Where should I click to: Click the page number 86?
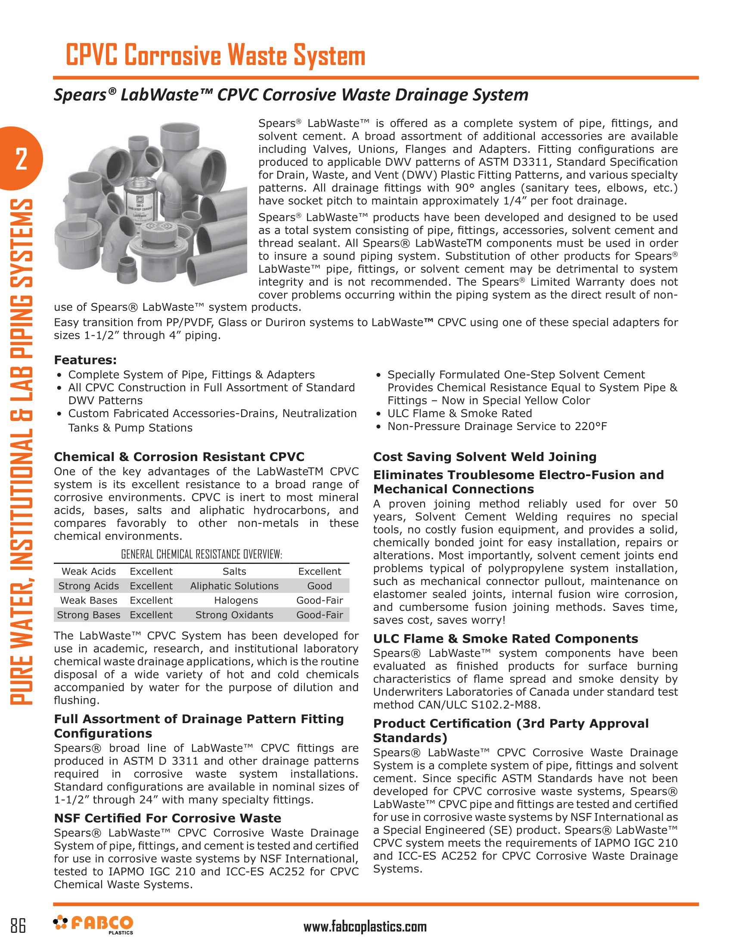18,925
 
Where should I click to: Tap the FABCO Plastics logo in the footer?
93,924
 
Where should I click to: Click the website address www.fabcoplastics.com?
365,927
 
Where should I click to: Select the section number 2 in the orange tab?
21,159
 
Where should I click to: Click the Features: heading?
85,360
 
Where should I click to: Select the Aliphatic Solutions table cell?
234,586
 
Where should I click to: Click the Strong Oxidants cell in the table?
234,615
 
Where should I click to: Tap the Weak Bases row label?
88,600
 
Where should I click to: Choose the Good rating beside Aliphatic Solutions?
319,586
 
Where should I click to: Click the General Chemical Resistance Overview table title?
202,554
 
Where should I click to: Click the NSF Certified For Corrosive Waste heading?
167,818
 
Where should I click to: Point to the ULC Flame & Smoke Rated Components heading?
506,639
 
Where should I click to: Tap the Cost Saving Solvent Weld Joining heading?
485,457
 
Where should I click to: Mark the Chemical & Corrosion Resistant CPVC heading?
179,457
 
